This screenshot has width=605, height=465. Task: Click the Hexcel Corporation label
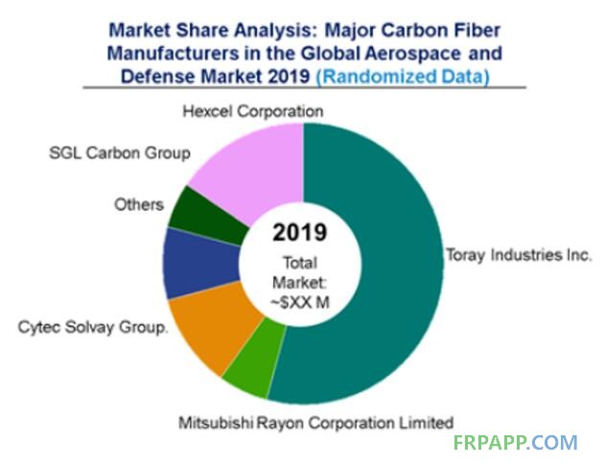tap(252, 111)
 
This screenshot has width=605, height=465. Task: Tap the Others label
tap(139, 204)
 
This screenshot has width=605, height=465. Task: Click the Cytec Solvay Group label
tap(93, 327)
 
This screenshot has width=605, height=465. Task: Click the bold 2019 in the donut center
tap(303, 234)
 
